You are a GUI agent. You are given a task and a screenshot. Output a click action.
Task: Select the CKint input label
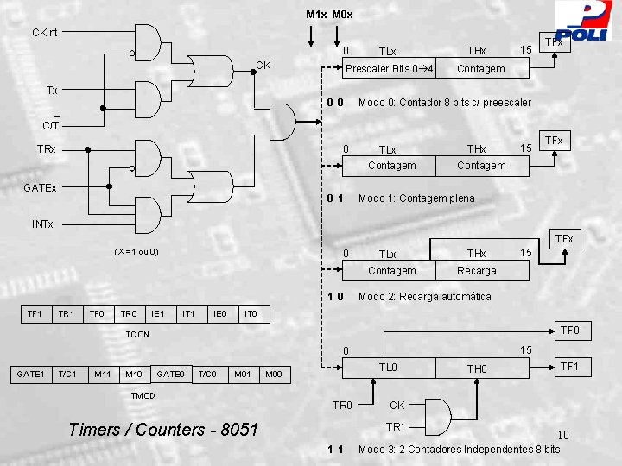[x=44, y=33]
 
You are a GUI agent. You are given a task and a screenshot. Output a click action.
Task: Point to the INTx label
[x=42, y=224]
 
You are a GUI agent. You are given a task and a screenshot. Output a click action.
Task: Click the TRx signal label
[x=47, y=149]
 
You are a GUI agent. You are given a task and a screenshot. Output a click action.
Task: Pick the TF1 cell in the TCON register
[x=35, y=312]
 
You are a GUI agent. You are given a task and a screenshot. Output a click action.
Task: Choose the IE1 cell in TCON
[x=157, y=312]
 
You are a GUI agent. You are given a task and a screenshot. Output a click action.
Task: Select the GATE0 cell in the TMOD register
[x=169, y=374]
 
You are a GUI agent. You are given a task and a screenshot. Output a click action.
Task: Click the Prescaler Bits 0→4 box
[x=390, y=68]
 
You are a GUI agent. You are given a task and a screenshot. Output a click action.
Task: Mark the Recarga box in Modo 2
[x=476, y=270]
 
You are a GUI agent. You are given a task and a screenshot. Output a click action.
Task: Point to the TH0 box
[x=477, y=368]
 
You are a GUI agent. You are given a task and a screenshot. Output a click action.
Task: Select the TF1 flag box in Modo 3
[x=570, y=367]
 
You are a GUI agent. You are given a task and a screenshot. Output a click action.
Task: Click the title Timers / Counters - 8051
[x=162, y=429]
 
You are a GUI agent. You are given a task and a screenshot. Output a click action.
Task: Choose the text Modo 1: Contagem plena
[x=416, y=198]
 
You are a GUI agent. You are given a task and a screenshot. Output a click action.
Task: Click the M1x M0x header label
[x=329, y=15]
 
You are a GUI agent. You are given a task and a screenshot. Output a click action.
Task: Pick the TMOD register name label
[x=143, y=395]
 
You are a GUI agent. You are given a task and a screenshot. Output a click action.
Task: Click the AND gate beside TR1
[x=435, y=417]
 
